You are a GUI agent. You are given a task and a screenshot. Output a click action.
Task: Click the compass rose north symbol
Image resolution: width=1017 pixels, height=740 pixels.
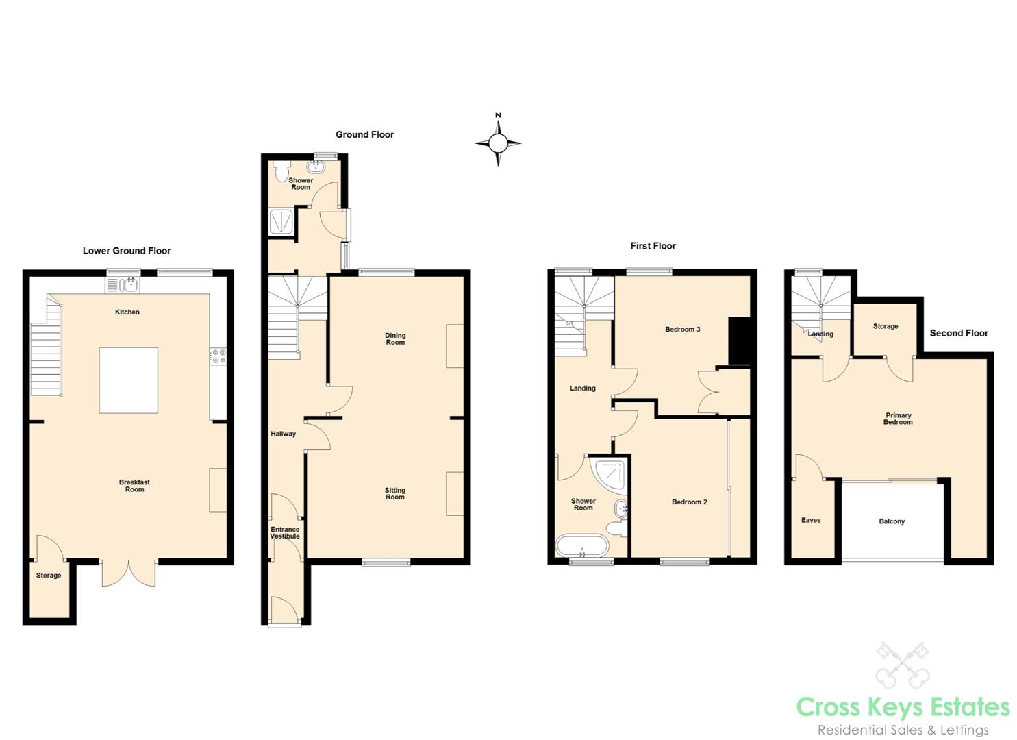pyautogui.click(x=498, y=143)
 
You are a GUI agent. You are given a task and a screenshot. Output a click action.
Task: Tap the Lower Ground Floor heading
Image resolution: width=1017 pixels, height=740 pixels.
pyautogui.click(x=127, y=251)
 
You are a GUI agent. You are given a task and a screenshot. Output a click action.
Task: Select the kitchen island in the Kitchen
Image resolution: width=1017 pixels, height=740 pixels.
pyautogui.click(x=129, y=380)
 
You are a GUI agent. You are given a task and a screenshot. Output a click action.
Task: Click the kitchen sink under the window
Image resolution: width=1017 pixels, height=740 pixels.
pyautogui.click(x=123, y=284)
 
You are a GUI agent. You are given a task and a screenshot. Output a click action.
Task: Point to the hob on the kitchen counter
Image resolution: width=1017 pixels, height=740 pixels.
pyautogui.click(x=218, y=356)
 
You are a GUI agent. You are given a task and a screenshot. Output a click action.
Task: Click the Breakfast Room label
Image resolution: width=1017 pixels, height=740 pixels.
pyautogui.click(x=134, y=486)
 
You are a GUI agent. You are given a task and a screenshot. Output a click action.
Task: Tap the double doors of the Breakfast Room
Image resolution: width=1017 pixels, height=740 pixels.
pyautogui.click(x=129, y=573)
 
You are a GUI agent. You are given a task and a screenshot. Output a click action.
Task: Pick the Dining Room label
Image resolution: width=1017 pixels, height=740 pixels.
pyautogui.click(x=395, y=339)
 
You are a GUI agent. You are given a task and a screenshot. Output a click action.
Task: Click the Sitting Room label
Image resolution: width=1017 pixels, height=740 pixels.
pyautogui.click(x=395, y=493)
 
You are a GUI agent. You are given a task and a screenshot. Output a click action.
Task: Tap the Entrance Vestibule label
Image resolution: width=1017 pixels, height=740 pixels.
pyautogui.click(x=285, y=532)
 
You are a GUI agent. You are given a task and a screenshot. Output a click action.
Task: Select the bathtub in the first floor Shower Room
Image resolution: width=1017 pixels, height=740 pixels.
pyautogui.click(x=581, y=547)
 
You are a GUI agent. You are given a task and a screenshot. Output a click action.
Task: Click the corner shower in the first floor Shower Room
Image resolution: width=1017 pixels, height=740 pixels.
pyautogui.click(x=609, y=474)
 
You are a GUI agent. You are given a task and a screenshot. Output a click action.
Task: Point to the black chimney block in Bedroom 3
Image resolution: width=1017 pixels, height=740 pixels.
pyautogui.click(x=739, y=341)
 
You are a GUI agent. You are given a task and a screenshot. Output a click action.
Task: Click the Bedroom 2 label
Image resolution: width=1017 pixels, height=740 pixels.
pyautogui.click(x=689, y=502)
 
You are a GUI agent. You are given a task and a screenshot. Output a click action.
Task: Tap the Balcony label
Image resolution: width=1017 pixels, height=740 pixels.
pyautogui.click(x=892, y=521)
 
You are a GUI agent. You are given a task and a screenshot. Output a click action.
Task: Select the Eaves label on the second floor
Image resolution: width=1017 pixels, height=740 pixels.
pyautogui.click(x=811, y=520)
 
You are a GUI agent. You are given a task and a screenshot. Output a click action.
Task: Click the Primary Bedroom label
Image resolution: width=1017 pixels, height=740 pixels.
pyautogui.click(x=898, y=419)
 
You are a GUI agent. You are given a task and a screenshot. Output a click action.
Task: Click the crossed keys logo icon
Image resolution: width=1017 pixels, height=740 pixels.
pyautogui.click(x=903, y=665)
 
